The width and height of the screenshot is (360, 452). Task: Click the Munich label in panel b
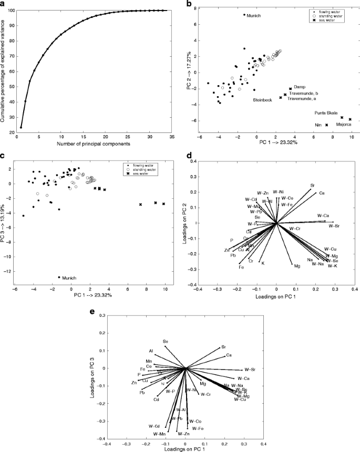tap(254, 16)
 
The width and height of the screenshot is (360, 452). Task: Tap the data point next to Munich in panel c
tap(59, 277)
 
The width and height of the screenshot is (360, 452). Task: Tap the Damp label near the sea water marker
tap(300, 87)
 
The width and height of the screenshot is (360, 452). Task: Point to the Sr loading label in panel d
tap(313, 185)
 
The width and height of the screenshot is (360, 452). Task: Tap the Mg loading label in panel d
tap(297, 266)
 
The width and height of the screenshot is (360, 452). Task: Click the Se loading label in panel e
tap(166, 342)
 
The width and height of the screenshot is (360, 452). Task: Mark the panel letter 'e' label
tap(94, 311)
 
